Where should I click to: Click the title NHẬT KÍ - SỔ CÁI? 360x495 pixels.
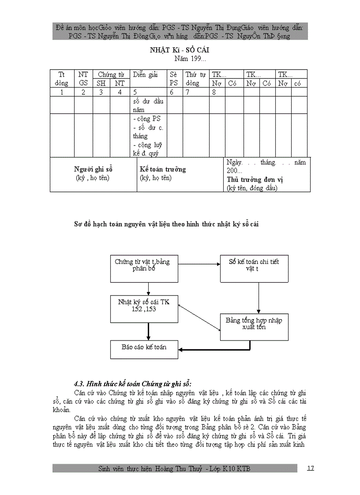(x=180, y=50)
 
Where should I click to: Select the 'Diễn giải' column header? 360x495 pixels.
(x=146, y=74)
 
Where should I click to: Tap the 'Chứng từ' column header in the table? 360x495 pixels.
(x=110, y=74)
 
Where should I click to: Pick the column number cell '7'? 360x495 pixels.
(x=187, y=92)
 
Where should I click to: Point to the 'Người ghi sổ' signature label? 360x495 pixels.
(x=94, y=169)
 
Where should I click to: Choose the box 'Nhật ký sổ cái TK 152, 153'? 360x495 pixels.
(x=144, y=305)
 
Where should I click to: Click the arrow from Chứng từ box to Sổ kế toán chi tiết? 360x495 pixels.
(x=199, y=264)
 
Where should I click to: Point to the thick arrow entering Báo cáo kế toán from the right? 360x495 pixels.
(x=203, y=350)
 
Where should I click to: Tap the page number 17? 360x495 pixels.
(x=310, y=468)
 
